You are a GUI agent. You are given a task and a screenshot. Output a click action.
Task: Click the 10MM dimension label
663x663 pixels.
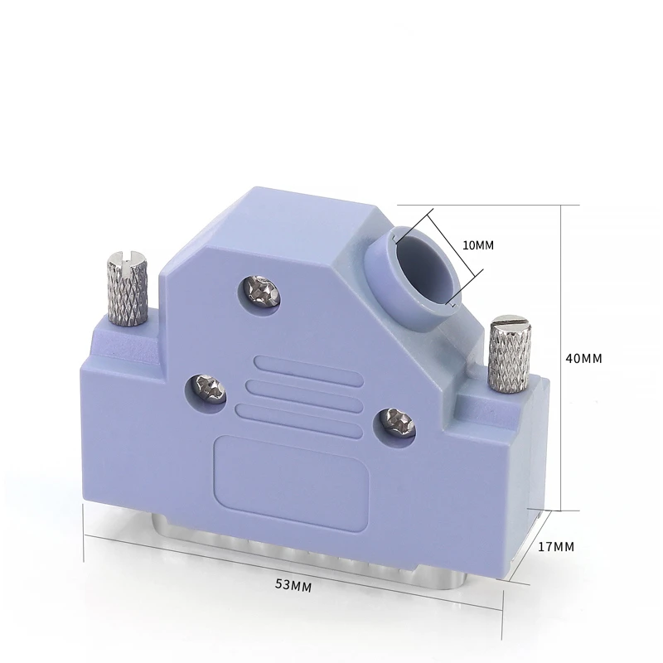(x=478, y=245)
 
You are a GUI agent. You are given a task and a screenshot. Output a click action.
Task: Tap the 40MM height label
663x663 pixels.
(x=584, y=359)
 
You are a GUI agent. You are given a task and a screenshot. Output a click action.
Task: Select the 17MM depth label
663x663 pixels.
(x=556, y=547)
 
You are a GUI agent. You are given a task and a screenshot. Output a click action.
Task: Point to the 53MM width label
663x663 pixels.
(x=293, y=585)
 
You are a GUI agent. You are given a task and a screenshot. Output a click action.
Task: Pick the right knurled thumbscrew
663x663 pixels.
(x=510, y=354)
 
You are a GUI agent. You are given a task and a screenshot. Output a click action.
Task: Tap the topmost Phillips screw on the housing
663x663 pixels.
(x=262, y=292)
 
